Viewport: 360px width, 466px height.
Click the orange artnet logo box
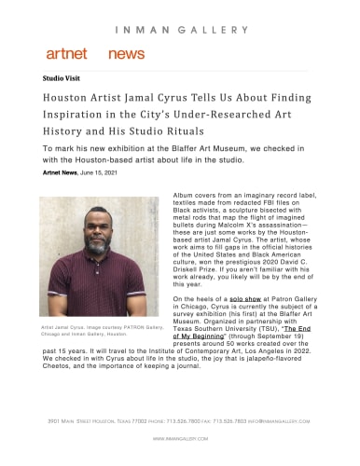[66, 54]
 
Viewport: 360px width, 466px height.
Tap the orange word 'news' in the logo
[126, 54]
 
